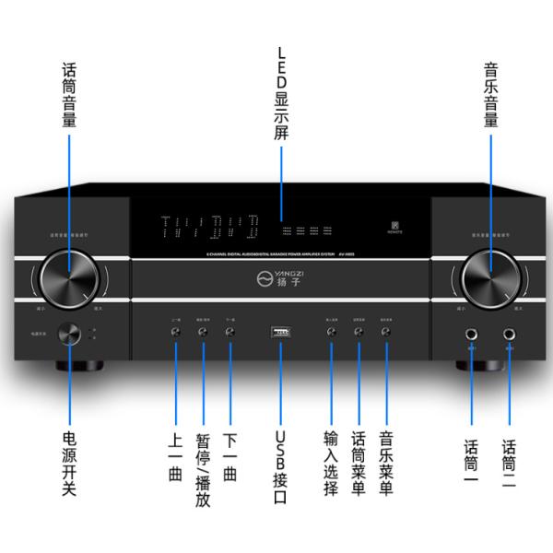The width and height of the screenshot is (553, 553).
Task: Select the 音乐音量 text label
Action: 491,95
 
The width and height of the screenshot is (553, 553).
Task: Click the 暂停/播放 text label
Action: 203,469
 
